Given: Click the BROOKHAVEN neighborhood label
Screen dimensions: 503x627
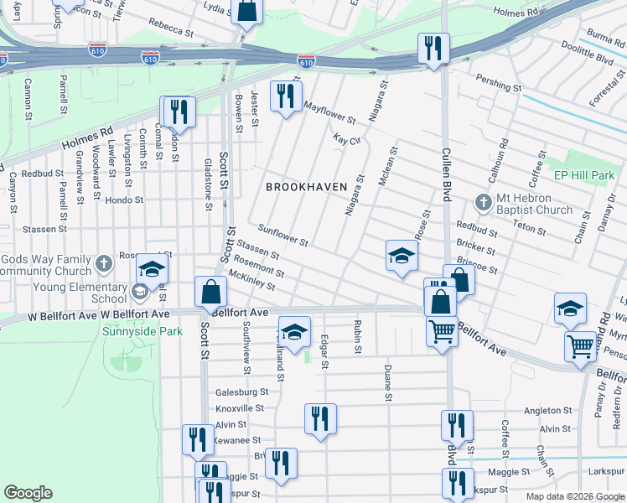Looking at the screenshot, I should pos(306,187).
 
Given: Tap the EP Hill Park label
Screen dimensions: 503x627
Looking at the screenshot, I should pos(584,175).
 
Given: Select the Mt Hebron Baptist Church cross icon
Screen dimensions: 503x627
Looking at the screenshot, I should pos(483,202).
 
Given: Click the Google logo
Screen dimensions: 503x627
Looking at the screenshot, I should pos(28,492).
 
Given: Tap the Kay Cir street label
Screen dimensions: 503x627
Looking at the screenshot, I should pos(346,138).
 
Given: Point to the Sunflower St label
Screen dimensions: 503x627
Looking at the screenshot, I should pos(284,236).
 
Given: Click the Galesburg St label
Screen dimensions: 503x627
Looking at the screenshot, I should pos(241,392).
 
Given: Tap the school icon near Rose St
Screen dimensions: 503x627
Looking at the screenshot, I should pos(402,256).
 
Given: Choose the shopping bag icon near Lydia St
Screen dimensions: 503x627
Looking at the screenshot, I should pos(246,12).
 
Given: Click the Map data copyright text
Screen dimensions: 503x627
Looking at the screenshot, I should pos(573,496).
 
